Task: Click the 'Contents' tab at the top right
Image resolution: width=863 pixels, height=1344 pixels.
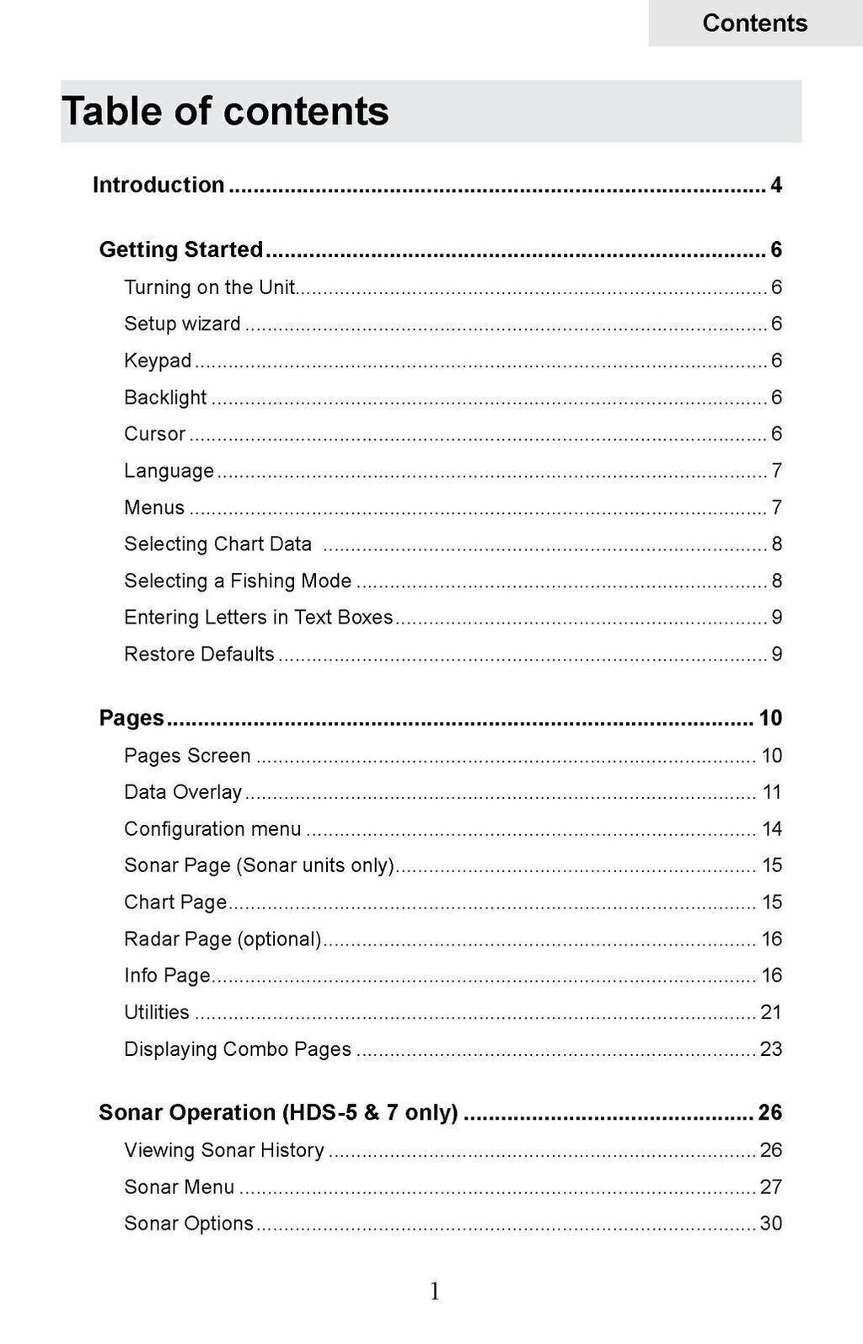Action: (754, 23)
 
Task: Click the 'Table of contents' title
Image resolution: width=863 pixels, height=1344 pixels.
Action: (225, 111)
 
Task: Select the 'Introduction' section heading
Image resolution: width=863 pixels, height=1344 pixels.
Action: (158, 185)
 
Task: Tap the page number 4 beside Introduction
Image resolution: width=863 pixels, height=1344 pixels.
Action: (776, 185)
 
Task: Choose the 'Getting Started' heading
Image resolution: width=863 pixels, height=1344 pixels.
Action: (181, 249)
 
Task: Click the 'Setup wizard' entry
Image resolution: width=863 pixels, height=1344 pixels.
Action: (182, 324)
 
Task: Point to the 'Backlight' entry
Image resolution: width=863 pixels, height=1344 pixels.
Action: (165, 397)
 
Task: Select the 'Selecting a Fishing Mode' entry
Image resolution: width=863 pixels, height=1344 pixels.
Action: (238, 581)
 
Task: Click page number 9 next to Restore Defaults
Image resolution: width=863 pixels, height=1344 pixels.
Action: (776, 654)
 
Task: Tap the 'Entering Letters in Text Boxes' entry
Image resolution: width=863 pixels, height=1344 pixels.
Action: (258, 617)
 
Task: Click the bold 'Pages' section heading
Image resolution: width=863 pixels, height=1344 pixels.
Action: (131, 718)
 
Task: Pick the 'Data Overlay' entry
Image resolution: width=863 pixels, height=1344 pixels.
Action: (183, 792)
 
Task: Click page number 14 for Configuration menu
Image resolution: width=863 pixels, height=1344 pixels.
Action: (772, 829)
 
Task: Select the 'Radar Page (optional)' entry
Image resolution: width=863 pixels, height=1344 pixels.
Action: (222, 939)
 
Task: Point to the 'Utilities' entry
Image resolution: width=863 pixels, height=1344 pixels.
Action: (157, 1012)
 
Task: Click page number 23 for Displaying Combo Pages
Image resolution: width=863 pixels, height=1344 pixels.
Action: (771, 1049)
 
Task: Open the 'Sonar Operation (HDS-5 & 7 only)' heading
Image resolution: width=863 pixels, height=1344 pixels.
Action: (278, 1112)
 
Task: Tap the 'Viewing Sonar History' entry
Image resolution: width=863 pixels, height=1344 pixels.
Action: (224, 1150)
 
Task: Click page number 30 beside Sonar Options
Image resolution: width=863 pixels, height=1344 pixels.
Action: (771, 1224)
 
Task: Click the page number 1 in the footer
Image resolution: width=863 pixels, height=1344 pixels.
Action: (434, 1291)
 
